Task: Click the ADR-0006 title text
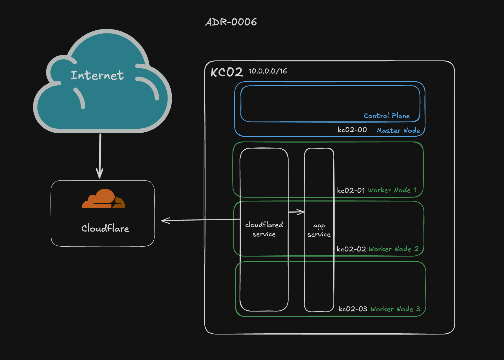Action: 231,22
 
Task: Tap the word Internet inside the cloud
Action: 97,75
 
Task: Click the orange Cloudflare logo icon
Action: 103,199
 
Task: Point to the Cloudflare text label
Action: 105,228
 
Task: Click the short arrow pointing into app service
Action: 296,212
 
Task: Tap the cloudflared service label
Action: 264,229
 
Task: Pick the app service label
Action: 319,230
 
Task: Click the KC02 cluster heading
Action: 226,72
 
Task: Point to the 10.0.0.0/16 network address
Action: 268,71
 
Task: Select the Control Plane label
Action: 387,116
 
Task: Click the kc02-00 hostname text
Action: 352,130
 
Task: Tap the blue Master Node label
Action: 398,130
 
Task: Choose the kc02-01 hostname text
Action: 351,190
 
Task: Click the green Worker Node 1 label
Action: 392,190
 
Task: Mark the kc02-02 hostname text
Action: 351,249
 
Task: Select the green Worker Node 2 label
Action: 394,249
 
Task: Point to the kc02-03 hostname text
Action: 353,309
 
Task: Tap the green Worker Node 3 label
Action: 395,309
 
